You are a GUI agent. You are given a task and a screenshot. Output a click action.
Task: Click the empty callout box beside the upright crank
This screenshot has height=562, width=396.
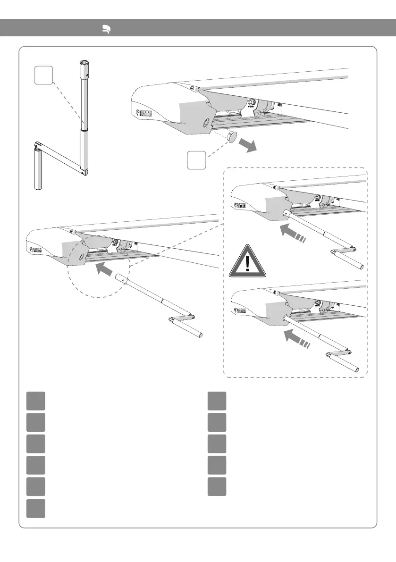point(43,76)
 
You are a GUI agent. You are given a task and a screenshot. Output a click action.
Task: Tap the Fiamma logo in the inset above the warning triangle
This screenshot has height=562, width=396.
point(240,206)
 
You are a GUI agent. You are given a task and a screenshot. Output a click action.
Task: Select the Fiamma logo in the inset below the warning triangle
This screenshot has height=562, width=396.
point(240,311)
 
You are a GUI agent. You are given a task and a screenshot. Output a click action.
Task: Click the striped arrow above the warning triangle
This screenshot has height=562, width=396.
point(293,234)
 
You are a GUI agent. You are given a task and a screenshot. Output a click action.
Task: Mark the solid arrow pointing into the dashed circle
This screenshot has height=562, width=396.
point(105,270)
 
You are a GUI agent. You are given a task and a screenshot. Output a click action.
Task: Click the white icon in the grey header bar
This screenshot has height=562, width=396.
point(107,29)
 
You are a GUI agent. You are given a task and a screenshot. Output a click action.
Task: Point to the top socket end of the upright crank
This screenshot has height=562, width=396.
point(85,63)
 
